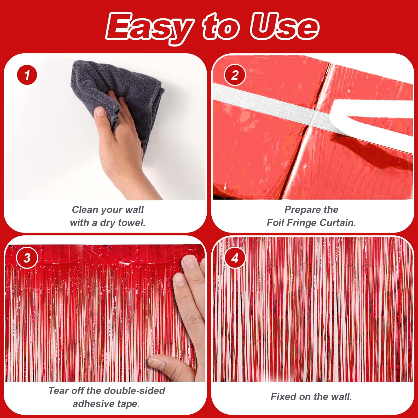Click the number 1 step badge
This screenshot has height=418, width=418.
pos(27,75)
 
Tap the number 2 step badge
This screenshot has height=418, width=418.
pos(235,75)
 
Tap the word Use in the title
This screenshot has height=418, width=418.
pos(285,26)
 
